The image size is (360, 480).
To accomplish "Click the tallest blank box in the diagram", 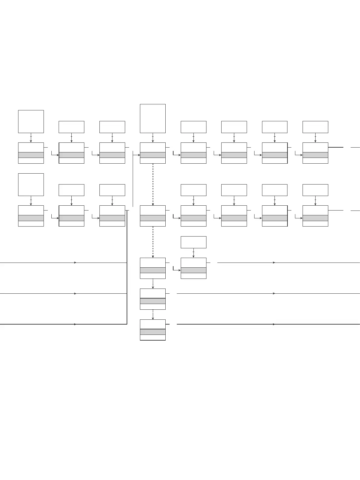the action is [153, 118].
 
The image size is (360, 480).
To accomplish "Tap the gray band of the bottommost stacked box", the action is [153, 332].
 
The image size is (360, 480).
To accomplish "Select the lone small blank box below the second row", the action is [193, 242].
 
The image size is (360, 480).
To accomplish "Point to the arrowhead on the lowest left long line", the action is [75, 324].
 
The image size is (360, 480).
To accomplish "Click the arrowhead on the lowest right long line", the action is [274, 324].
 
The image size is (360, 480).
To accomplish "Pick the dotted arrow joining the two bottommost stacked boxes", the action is [153, 314].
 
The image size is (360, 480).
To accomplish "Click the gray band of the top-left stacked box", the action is [31, 155].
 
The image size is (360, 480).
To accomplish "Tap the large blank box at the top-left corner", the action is [31, 121].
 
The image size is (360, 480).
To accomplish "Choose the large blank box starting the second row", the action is [31, 184].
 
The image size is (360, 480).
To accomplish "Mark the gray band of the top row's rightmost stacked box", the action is [315, 155].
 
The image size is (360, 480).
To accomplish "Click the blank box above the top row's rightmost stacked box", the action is [315, 127].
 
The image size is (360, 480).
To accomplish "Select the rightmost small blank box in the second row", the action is [315, 190].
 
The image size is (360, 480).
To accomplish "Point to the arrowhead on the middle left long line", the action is [75, 293].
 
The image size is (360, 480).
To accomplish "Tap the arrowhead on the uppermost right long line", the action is [274, 263].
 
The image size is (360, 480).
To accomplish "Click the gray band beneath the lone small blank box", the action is [193, 270].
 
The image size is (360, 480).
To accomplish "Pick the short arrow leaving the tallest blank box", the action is [153, 138].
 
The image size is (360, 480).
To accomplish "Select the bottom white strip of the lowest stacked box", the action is [153, 337].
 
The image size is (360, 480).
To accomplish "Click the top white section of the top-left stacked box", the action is [31, 147].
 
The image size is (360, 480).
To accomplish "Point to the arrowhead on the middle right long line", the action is [274, 293].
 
